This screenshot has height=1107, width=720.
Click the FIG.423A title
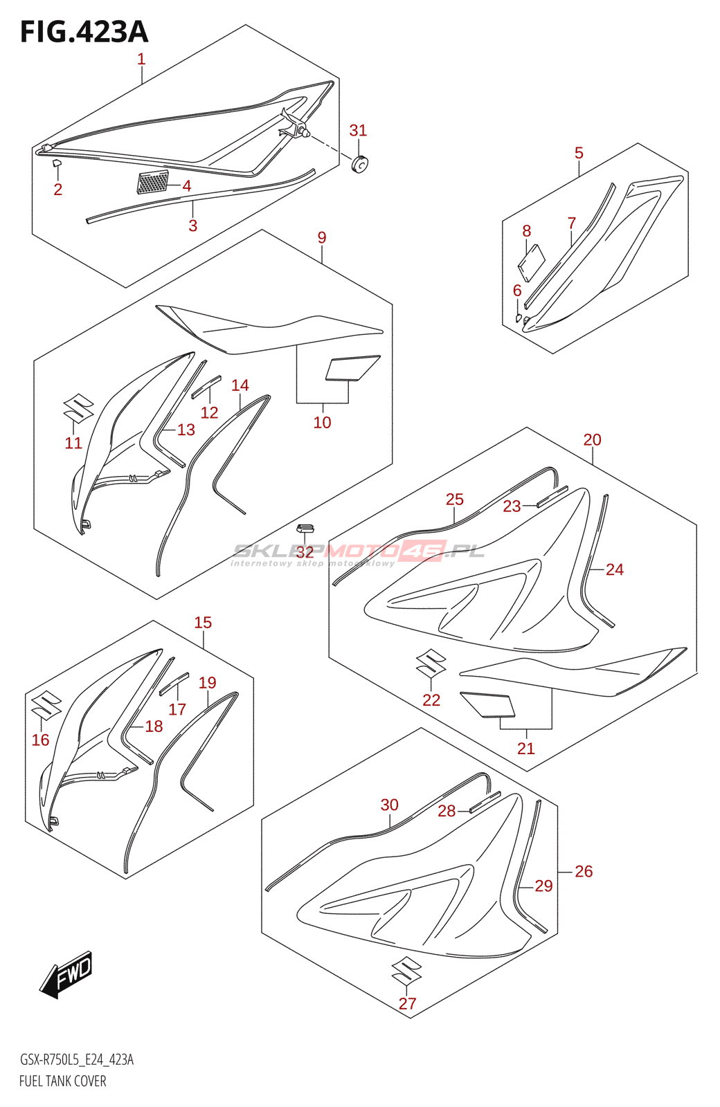[x=84, y=33]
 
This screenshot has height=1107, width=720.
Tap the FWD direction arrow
[x=66, y=975]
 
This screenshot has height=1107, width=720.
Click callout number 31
[x=358, y=130]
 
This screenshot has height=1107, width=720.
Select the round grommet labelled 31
[x=359, y=165]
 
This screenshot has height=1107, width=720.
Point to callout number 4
[x=187, y=185]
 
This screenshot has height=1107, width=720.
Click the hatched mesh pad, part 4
[x=153, y=183]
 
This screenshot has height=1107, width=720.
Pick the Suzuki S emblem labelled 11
[x=78, y=408]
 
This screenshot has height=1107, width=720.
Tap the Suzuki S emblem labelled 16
[x=46, y=705]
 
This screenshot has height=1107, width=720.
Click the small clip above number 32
[x=305, y=529]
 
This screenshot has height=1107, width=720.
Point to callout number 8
[x=527, y=231]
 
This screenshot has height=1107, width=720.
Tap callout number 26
[x=584, y=871]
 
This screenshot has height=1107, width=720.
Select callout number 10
[x=323, y=422]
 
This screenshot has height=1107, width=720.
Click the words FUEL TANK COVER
[x=63, y=1081]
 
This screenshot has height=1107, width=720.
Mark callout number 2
[x=58, y=189]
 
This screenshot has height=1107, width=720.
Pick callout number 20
[x=592, y=439]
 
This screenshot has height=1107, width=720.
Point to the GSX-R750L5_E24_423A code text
[x=77, y=1059]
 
